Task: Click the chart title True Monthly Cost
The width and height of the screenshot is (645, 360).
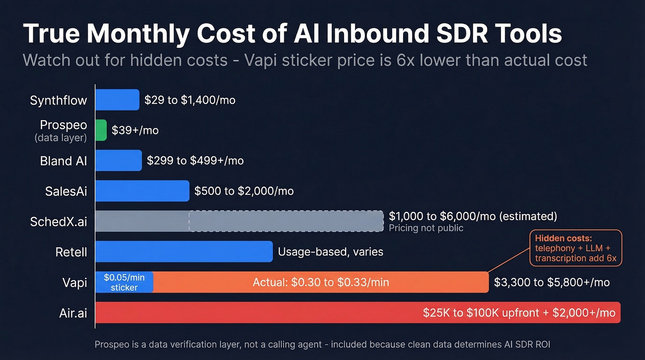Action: coord(292,34)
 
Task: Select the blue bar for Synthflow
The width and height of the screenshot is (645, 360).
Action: coord(117,100)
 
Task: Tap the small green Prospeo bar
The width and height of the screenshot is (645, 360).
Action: coord(101,130)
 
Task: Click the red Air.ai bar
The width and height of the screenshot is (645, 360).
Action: coord(258,313)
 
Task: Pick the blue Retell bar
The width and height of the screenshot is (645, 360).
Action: coord(184,252)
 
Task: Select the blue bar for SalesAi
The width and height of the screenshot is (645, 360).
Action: coord(142,191)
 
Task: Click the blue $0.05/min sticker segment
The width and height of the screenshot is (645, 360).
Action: coord(124,282)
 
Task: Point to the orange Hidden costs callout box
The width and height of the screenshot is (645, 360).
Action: coord(575,248)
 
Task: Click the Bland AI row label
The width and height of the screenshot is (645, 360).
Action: coord(64,161)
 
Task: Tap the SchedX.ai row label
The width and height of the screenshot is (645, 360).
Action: coord(58,222)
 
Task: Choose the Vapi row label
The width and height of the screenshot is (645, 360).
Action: coord(74,283)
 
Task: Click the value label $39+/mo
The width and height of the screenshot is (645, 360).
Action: coord(135,130)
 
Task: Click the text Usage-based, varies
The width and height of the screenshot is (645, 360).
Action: coord(330,252)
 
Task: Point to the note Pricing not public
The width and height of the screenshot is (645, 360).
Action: coord(426,228)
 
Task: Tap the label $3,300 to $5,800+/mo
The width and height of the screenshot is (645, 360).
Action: coord(551,282)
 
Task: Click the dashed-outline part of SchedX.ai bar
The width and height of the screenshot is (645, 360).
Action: coord(286,221)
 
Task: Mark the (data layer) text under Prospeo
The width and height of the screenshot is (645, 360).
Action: coord(61,137)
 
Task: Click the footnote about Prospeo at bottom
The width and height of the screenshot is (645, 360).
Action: coord(322,344)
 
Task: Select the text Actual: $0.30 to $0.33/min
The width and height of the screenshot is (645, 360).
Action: coord(321,282)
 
